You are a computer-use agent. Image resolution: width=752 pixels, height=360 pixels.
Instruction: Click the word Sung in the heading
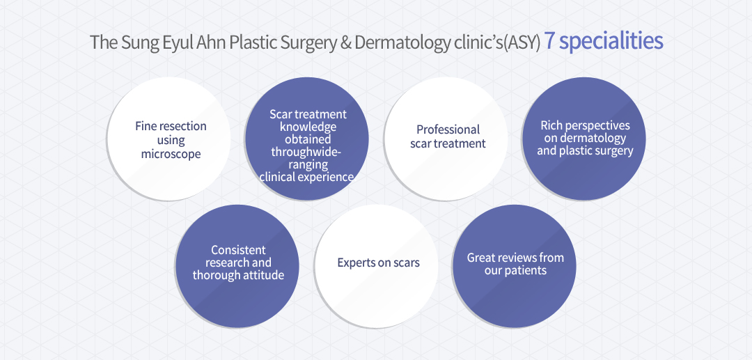134,42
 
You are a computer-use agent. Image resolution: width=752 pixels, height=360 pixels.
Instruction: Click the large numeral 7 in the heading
550,42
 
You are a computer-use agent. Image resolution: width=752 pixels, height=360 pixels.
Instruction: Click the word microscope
171,155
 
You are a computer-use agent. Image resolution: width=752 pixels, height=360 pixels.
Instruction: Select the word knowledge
308,127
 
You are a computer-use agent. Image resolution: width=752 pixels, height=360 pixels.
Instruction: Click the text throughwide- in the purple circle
306,152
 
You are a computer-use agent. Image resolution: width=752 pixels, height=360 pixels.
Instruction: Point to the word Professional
448,130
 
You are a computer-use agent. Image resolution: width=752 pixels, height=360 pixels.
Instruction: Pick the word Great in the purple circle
481,258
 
